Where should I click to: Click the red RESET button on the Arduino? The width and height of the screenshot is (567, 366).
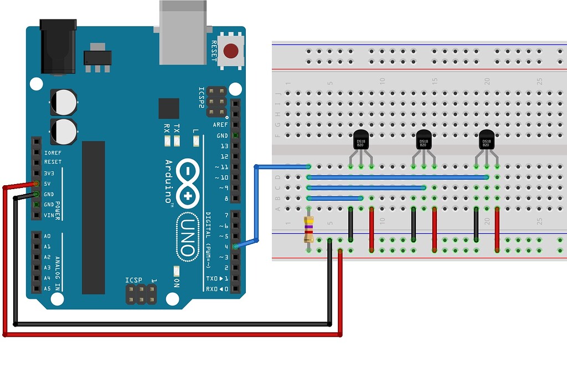(231, 52)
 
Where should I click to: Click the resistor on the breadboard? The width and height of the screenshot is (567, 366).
(308, 229)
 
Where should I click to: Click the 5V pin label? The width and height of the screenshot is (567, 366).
(48, 184)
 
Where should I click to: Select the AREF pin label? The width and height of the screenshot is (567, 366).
(220, 125)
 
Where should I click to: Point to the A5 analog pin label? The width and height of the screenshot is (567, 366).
(47, 288)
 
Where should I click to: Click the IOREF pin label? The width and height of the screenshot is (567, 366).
(53, 151)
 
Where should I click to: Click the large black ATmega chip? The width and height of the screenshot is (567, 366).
(93, 217)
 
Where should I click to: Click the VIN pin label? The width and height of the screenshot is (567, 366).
(49, 215)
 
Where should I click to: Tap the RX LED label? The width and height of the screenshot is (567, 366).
(167, 128)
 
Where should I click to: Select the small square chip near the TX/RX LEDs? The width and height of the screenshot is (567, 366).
(168, 109)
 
